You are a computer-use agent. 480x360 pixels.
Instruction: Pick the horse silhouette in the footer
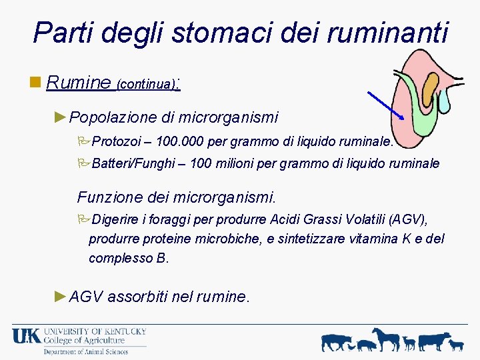[386, 339]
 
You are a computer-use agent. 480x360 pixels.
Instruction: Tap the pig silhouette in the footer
[366, 345]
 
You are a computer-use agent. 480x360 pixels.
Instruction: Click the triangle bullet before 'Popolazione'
[61, 117]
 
